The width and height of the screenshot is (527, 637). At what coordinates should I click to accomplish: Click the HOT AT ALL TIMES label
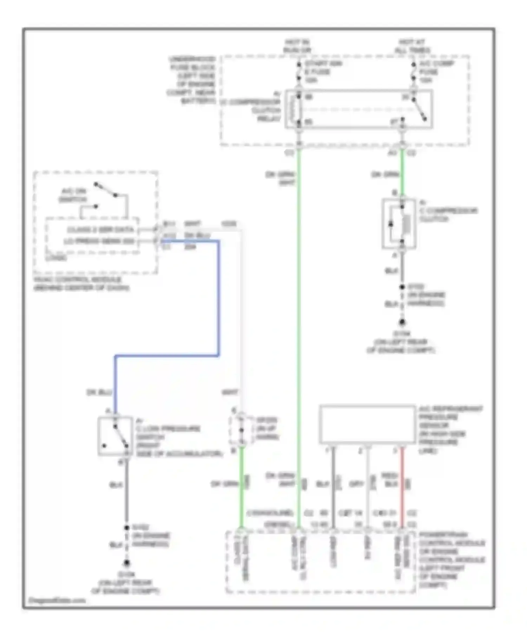[412, 46]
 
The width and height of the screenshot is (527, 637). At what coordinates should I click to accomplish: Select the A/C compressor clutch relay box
[358, 109]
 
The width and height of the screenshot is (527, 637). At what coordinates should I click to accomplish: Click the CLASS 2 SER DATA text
[100, 230]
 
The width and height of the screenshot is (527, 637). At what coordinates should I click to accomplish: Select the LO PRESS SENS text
[99, 241]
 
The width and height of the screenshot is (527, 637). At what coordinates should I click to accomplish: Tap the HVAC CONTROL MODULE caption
[81, 284]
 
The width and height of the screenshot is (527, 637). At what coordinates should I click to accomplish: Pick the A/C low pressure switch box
[115, 436]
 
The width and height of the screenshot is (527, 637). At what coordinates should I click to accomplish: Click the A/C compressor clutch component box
[399, 224]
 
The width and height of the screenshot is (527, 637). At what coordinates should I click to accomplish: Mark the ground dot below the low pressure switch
[126, 563]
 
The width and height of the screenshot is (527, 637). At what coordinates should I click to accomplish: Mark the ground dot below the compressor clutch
[402, 322]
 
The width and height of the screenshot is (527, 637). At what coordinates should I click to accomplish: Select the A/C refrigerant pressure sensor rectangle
[367, 425]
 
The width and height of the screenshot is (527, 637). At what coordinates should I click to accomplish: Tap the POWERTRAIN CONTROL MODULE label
[451, 560]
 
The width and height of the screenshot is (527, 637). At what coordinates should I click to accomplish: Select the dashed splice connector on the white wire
[241, 430]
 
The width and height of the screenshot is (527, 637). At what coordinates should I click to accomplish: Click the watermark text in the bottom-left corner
[57, 600]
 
